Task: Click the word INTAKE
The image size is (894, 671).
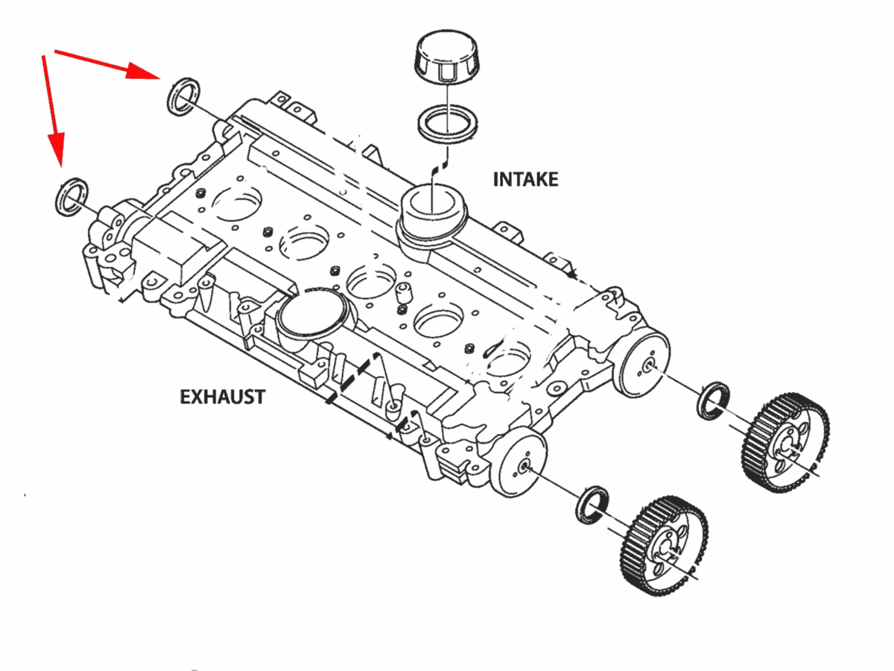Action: [x=525, y=180]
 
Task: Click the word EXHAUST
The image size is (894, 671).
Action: [x=222, y=397]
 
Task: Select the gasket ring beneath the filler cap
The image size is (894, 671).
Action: [x=446, y=122]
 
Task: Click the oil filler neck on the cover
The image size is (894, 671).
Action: [x=433, y=213]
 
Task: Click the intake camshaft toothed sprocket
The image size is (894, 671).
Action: [x=785, y=444]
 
